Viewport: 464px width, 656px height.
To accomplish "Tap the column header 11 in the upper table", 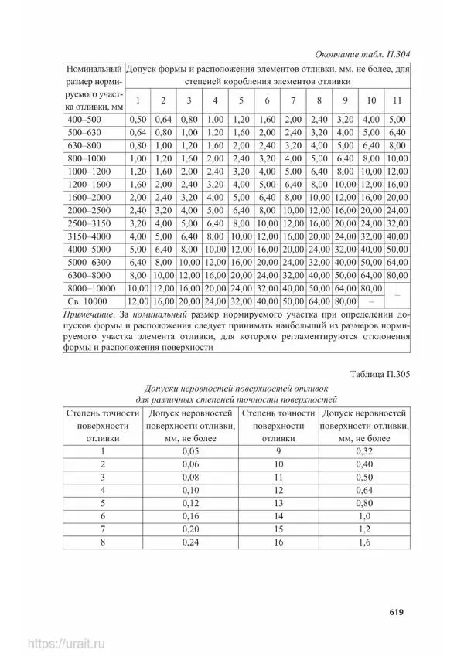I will point(397,100).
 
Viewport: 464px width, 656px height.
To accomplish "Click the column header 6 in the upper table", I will point(267,100).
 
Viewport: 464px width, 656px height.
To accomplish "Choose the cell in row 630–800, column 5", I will point(241,145).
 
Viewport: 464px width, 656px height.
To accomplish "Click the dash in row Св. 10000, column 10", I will point(371,301).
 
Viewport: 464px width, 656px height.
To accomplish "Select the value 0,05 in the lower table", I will point(190,451).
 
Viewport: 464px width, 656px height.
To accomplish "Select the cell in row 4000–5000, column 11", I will point(397,249).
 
